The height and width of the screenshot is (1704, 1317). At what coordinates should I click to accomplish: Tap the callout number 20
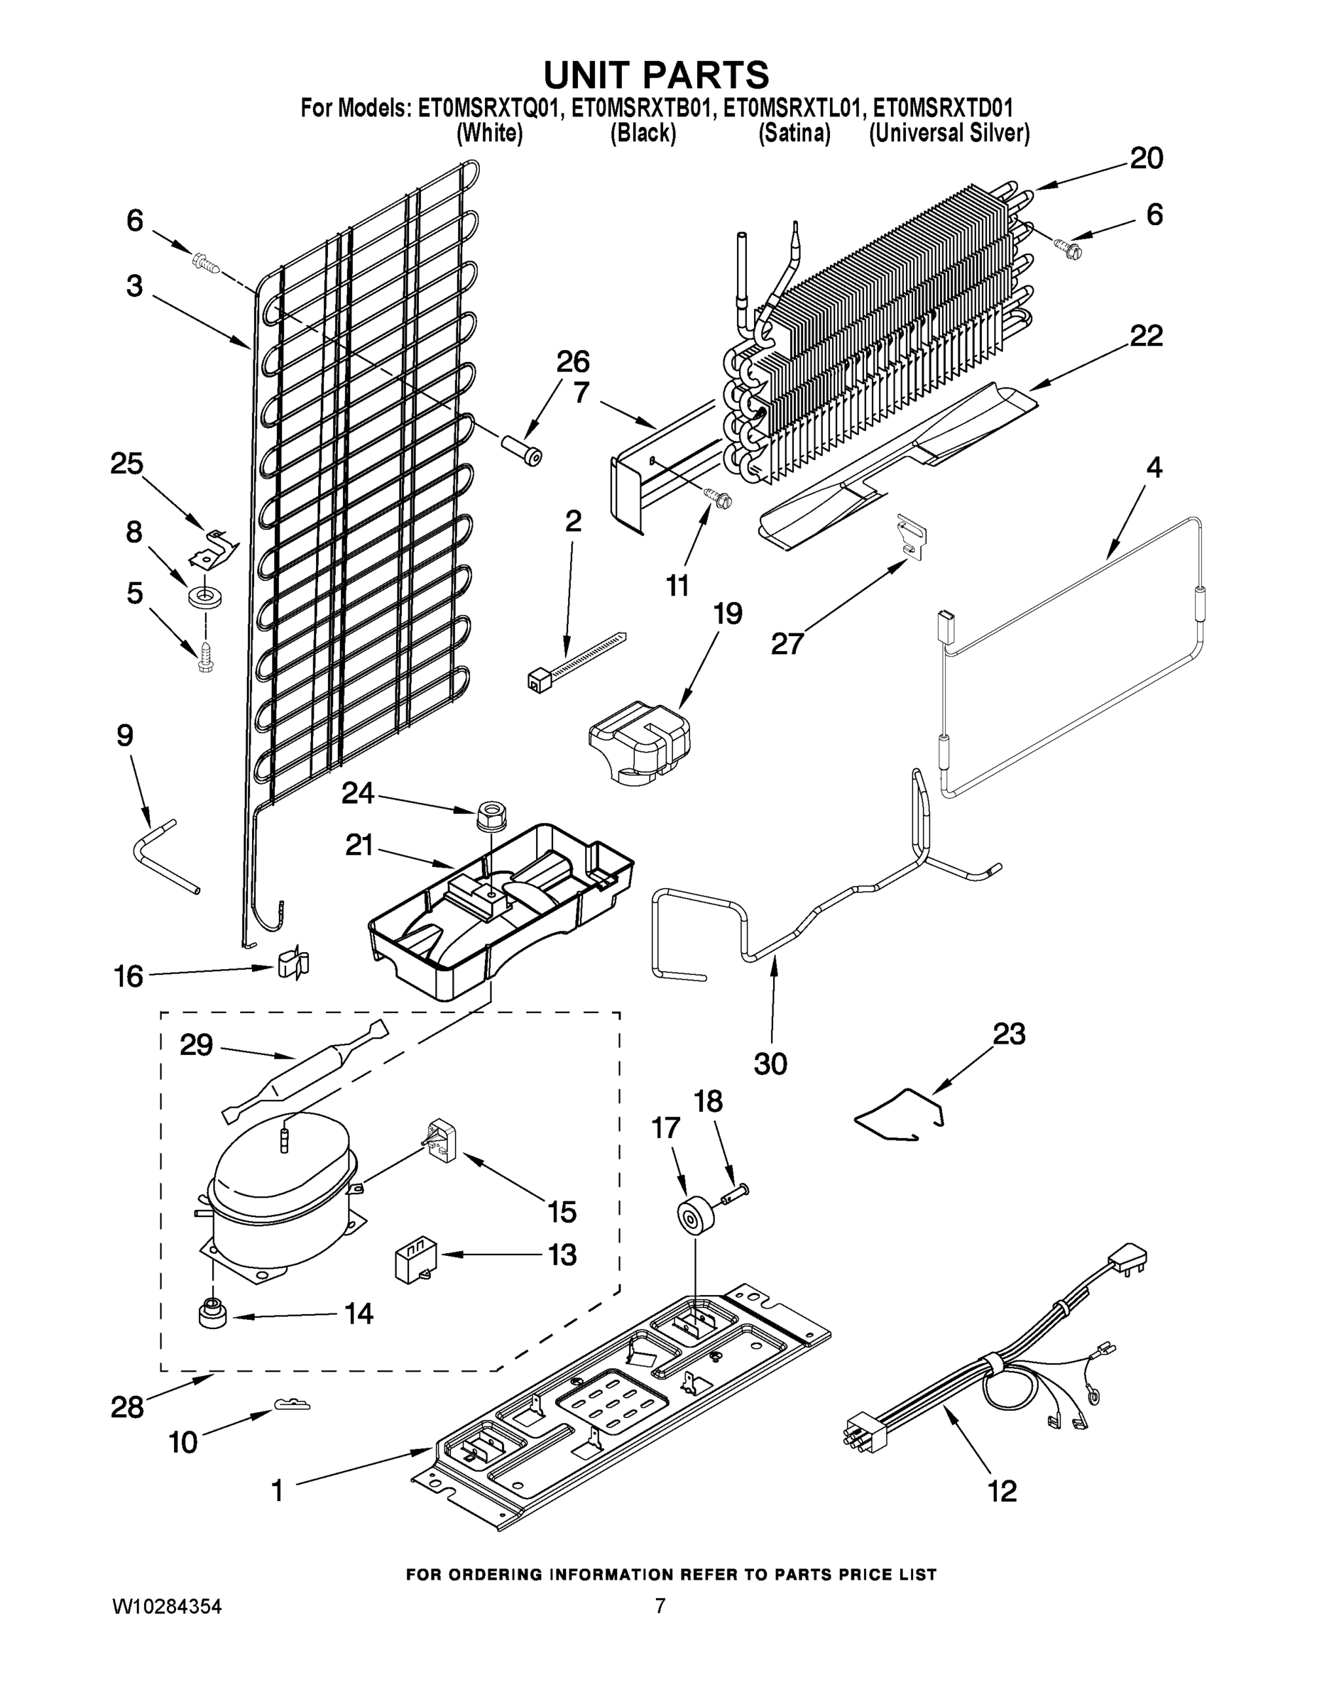(x=1146, y=158)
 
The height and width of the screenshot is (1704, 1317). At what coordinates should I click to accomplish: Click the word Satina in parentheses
(x=794, y=134)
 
